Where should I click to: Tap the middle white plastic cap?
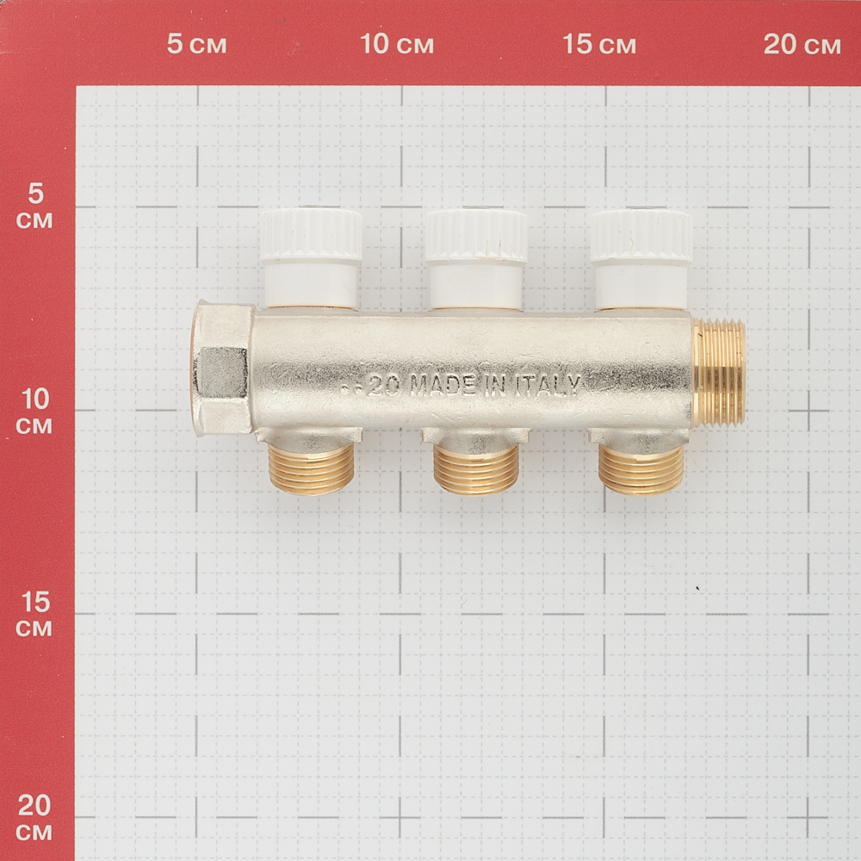coord(475,257)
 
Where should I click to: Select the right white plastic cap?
coord(641,258)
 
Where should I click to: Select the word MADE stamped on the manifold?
coord(443,386)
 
